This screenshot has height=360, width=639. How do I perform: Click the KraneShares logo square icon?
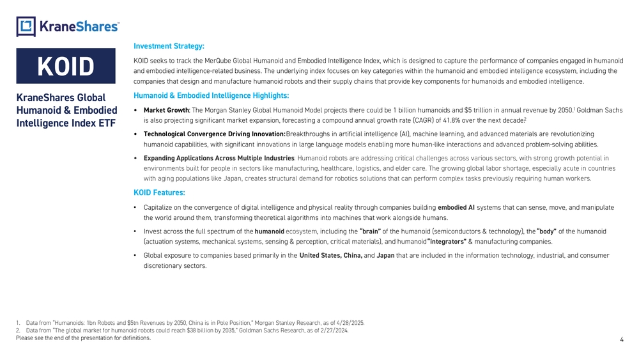pos(26,26)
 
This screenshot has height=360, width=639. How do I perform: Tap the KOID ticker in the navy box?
pos(66,67)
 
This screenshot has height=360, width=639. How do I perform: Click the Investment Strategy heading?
pos(169,46)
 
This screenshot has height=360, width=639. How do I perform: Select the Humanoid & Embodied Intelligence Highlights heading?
pos(212,96)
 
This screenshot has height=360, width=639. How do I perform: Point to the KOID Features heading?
pos(160,192)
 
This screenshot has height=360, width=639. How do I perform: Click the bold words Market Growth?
pos(166,110)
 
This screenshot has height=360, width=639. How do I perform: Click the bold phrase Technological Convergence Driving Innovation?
pos(215,134)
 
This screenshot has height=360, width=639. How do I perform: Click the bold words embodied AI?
pos(456,207)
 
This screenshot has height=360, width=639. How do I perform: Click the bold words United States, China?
pos(330,256)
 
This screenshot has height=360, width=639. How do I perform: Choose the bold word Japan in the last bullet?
pos(385,256)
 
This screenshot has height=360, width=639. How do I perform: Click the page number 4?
pos(622,340)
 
